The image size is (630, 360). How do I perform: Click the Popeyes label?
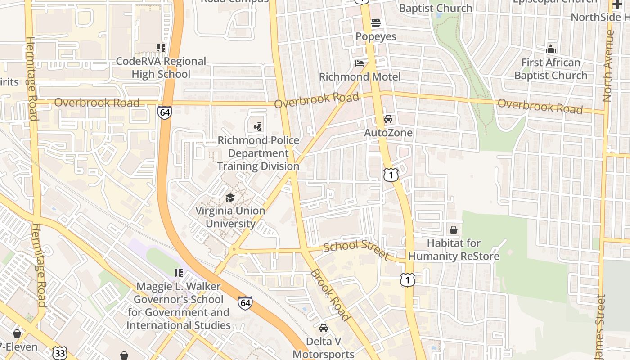(x=376, y=36)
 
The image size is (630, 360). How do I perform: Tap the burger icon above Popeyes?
(x=376, y=23)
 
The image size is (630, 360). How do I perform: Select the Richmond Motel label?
(x=360, y=76)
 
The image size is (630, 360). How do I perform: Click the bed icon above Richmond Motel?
(x=360, y=63)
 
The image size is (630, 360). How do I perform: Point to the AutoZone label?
(x=388, y=133)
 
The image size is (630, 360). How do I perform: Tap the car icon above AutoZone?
(x=388, y=119)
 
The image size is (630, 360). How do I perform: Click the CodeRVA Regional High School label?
(x=161, y=67)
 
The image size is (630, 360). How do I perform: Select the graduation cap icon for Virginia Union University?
(x=230, y=198)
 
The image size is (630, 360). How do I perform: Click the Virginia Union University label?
(x=230, y=217)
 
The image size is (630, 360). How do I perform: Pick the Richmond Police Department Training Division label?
(x=258, y=153)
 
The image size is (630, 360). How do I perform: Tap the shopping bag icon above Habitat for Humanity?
(x=454, y=230)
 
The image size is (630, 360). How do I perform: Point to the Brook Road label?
(x=330, y=295)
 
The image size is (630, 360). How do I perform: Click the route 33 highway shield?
(x=59, y=352)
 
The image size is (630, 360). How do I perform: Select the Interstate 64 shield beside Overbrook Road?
(x=165, y=112)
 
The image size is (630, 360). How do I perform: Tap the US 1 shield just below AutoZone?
(x=391, y=175)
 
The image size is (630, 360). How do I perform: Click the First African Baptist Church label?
(x=551, y=69)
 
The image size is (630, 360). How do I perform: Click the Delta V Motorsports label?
(x=324, y=348)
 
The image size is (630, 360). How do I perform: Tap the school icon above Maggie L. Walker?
(x=179, y=273)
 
